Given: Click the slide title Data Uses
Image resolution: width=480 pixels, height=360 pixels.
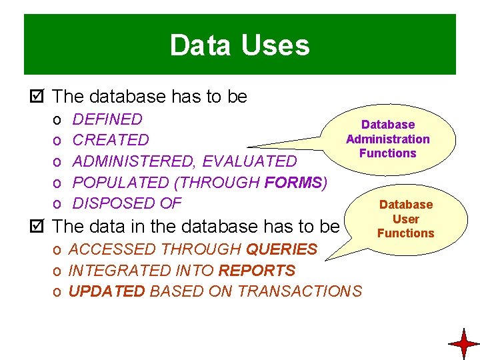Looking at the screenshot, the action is point(239,45).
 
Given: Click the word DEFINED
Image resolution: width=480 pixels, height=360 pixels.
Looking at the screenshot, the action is point(107,119).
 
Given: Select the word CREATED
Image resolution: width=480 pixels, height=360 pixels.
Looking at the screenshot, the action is point(111,140).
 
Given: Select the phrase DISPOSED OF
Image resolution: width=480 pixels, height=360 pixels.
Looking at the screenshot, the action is point(127,203).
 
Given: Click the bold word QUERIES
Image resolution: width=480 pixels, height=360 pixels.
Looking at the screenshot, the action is point(281,249).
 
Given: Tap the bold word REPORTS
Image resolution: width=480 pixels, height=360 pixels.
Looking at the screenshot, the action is point(257,271).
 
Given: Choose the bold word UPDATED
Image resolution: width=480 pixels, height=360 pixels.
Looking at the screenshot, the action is point(107,291).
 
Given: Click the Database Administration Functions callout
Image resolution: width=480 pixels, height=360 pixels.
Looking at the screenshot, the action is point(387,139).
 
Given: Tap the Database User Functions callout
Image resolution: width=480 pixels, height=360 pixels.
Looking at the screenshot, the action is point(405,219).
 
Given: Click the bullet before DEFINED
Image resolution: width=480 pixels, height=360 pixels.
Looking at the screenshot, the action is point(58,120).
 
